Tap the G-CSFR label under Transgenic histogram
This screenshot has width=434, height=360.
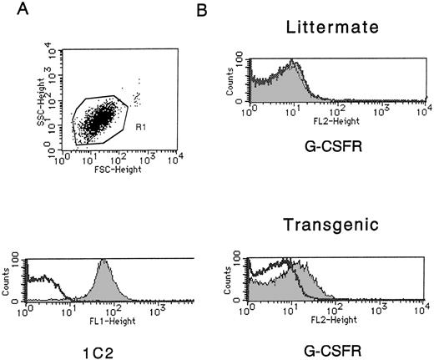click(x=331, y=344)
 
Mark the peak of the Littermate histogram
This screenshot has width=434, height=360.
click(x=291, y=63)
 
